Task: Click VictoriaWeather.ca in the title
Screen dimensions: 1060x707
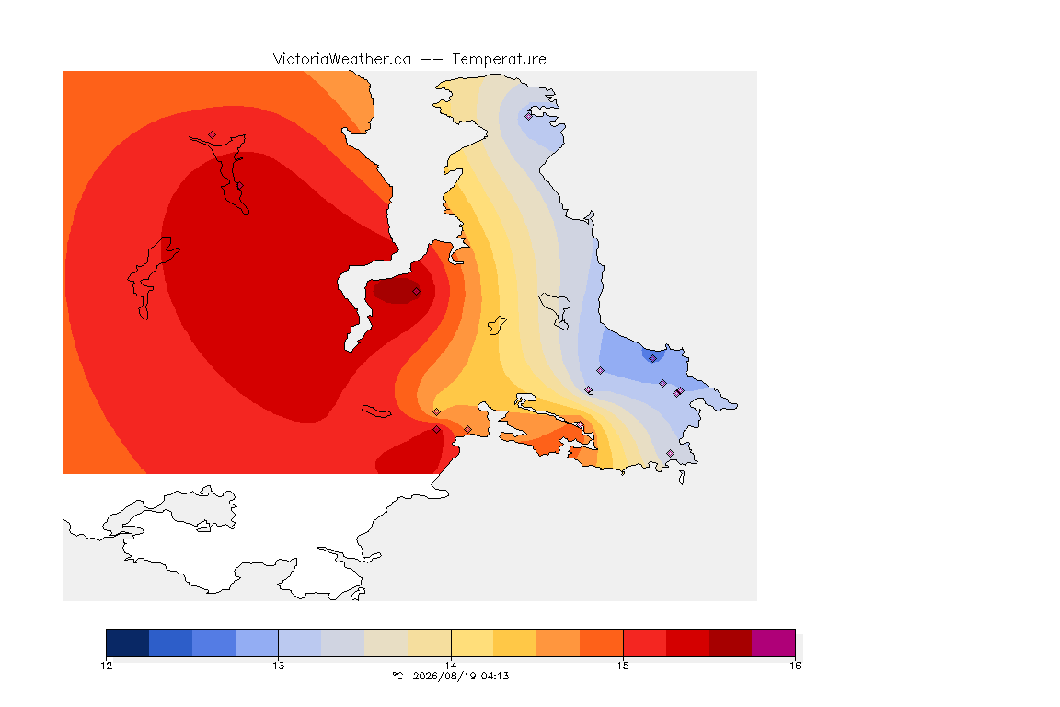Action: [342, 59]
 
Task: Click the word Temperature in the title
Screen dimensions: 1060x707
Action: [499, 59]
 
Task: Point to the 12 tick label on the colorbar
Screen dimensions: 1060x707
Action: [106, 666]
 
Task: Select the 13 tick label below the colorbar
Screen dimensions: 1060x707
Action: [279, 666]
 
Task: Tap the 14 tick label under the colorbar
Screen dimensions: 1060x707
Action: [451, 666]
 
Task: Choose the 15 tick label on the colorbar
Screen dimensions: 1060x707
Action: [623, 666]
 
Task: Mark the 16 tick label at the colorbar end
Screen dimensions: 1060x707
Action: [795, 666]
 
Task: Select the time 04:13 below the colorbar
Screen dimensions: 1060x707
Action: [495, 676]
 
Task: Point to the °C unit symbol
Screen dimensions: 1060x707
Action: [397, 676]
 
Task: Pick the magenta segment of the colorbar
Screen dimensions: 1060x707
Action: [773, 643]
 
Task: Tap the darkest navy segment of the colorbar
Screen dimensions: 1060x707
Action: [128, 643]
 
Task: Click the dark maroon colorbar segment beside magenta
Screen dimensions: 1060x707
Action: [730, 643]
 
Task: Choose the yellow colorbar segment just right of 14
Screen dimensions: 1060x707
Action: [473, 643]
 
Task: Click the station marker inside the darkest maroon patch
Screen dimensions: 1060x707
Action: [417, 292]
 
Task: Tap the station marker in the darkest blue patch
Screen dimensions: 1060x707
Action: [652, 359]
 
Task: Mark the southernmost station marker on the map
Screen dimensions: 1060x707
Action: [670, 453]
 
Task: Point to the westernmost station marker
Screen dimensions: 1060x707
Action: [213, 135]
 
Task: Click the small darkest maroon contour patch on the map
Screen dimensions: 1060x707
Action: [398, 290]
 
